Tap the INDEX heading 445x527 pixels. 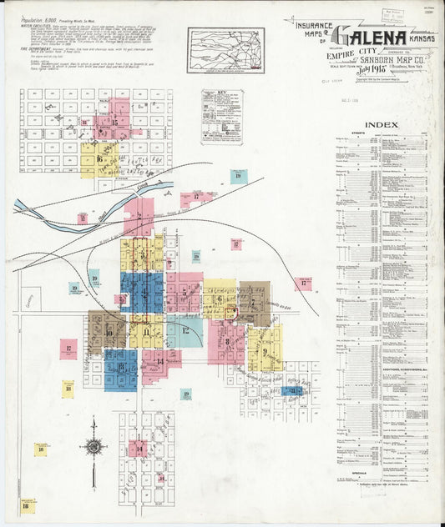[x=382, y=126]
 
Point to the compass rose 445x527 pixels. [x=94, y=446]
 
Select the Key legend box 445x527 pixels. [x=222, y=118]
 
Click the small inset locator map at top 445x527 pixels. [x=225, y=46]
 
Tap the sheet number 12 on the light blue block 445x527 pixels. [x=185, y=330]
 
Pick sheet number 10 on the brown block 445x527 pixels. [x=109, y=331]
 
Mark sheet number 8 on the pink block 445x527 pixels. [x=225, y=340]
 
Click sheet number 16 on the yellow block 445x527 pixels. [x=99, y=158]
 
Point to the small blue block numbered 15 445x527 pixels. [x=293, y=390]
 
